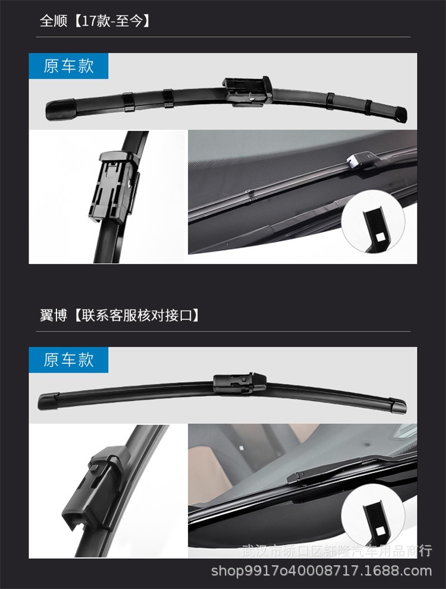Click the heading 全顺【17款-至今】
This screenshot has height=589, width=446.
(95, 22)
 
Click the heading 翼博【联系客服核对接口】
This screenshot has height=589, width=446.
(120, 315)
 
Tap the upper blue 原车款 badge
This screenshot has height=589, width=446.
(69, 66)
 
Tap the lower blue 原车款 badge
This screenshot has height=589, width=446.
(69, 360)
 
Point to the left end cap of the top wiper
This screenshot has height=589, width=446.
(60, 108)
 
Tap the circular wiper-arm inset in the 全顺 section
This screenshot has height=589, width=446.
(373, 222)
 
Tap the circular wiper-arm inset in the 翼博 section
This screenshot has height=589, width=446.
(373, 515)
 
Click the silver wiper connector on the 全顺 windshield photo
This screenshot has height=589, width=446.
(358, 159)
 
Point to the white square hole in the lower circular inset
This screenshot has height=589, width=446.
(377, 530)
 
